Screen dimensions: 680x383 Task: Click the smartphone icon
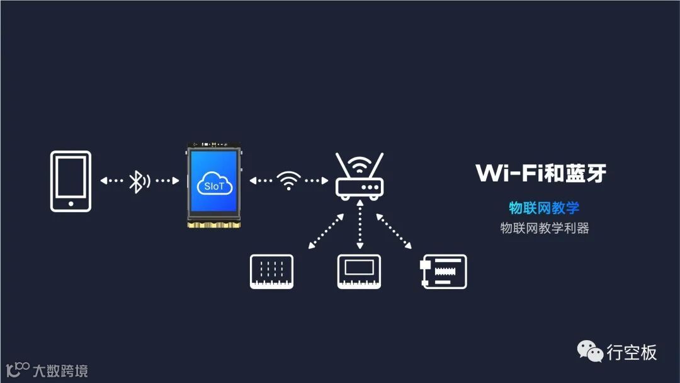tap(71, 181)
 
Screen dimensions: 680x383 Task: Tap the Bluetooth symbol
tap(137, 181)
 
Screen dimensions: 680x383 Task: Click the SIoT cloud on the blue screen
tap(215, 184)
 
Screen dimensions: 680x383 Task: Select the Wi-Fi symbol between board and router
tap(288, 180)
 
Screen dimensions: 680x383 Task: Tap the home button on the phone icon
tap(71, 203)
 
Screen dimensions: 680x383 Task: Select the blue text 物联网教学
tap(544, 208)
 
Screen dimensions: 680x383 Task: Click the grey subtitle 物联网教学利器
tap(545, 228)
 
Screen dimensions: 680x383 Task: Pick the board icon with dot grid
tap(271, 272)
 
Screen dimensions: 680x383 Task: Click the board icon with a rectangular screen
tap(360, 272)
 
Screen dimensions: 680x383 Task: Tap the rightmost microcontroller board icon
tap(445, 272)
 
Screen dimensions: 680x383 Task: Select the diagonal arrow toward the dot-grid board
tap(326, 231)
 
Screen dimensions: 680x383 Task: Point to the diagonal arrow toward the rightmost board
tap(394, 231)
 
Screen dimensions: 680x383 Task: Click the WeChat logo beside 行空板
tap(590, 352)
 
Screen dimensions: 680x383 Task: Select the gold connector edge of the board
tap(215, 224)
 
